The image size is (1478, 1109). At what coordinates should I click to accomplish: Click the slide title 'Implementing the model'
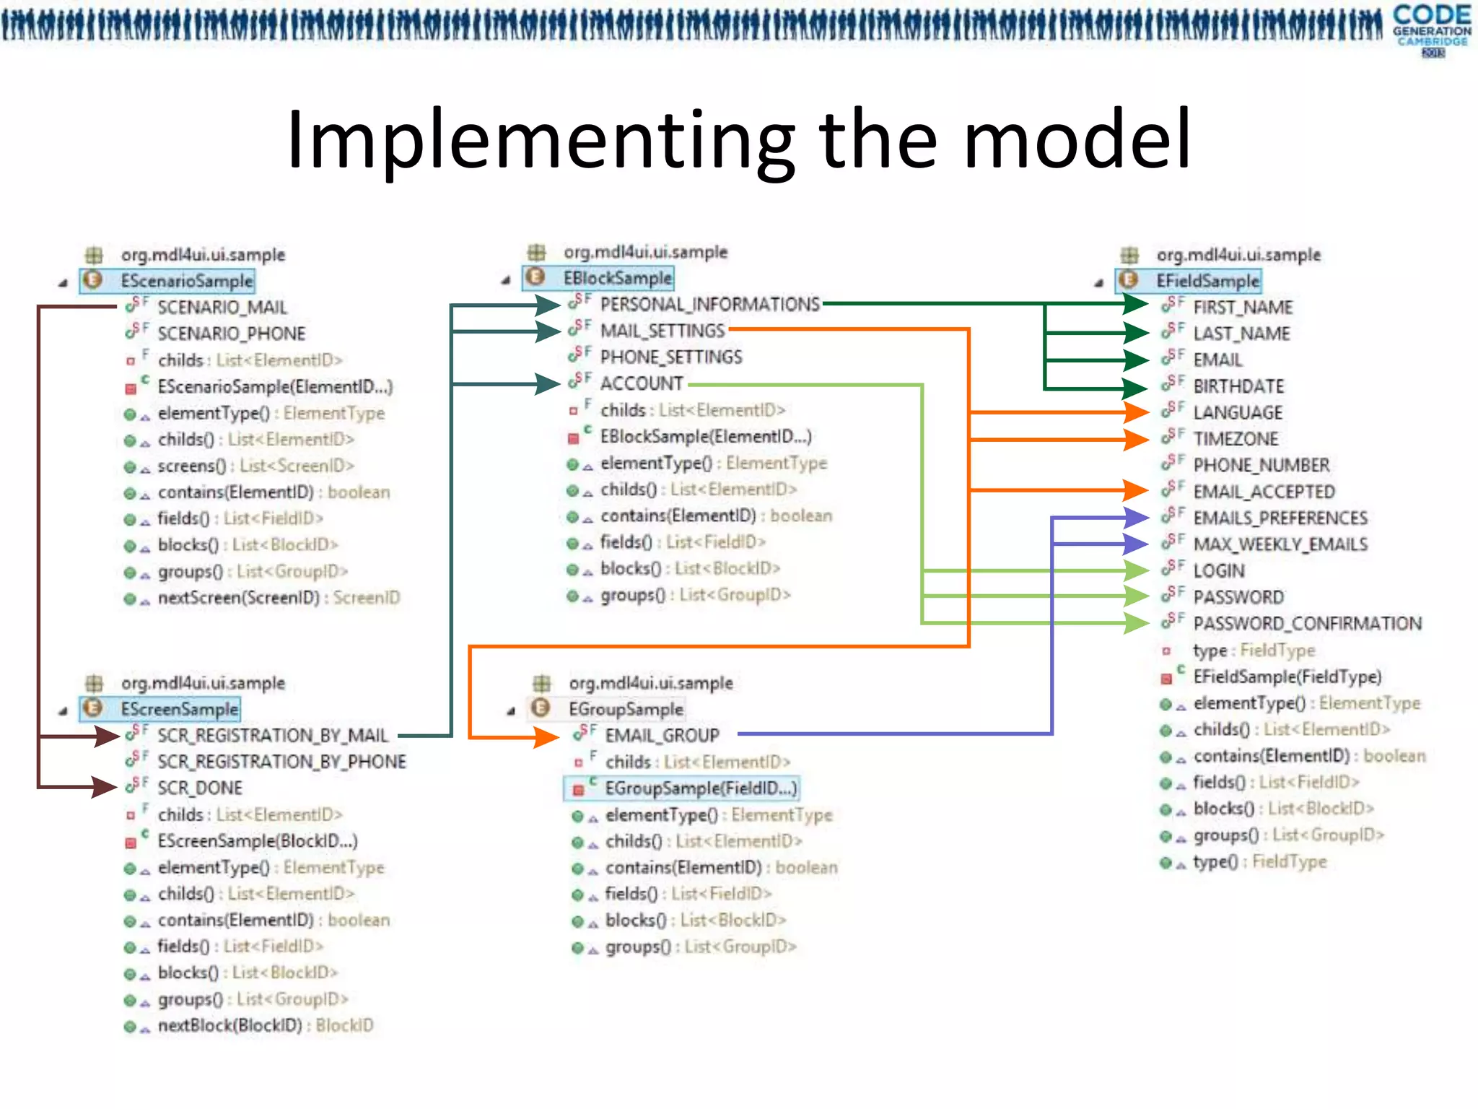coord(738,139)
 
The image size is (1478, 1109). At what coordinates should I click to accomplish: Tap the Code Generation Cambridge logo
coord(1432,29)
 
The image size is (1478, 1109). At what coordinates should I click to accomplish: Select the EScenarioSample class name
coord(186,281)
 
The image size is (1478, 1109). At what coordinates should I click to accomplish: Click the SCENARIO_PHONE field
coord(231,334)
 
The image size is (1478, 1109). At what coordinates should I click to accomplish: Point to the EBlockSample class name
coord(617,278)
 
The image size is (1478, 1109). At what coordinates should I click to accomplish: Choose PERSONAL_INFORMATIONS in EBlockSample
coord(709,305)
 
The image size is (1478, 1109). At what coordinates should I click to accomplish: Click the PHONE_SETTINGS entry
coord(670,357)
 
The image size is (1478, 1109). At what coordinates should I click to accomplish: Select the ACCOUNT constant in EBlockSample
coord(641,383)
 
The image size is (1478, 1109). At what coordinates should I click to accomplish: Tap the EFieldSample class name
coord(1207,281)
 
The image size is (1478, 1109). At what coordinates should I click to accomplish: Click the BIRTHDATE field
coord(1238,386)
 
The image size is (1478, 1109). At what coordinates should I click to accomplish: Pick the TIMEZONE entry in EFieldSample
coord(1235,439)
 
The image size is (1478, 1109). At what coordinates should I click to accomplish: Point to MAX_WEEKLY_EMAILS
coord(1280,544)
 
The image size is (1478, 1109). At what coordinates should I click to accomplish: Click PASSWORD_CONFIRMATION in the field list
coord(1306,624)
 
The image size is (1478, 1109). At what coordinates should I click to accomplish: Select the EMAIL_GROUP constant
coord(661,736)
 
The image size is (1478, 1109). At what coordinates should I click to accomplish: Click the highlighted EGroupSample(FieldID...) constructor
coord(700,788)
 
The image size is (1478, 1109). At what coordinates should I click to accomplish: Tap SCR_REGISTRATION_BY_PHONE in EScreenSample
coord(281,762)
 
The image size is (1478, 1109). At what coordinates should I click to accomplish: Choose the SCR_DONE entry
coord(199,788)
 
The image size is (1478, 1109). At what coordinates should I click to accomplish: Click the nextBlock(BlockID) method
coord(265,1025)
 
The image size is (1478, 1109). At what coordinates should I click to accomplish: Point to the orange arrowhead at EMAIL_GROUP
coord(546,737)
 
